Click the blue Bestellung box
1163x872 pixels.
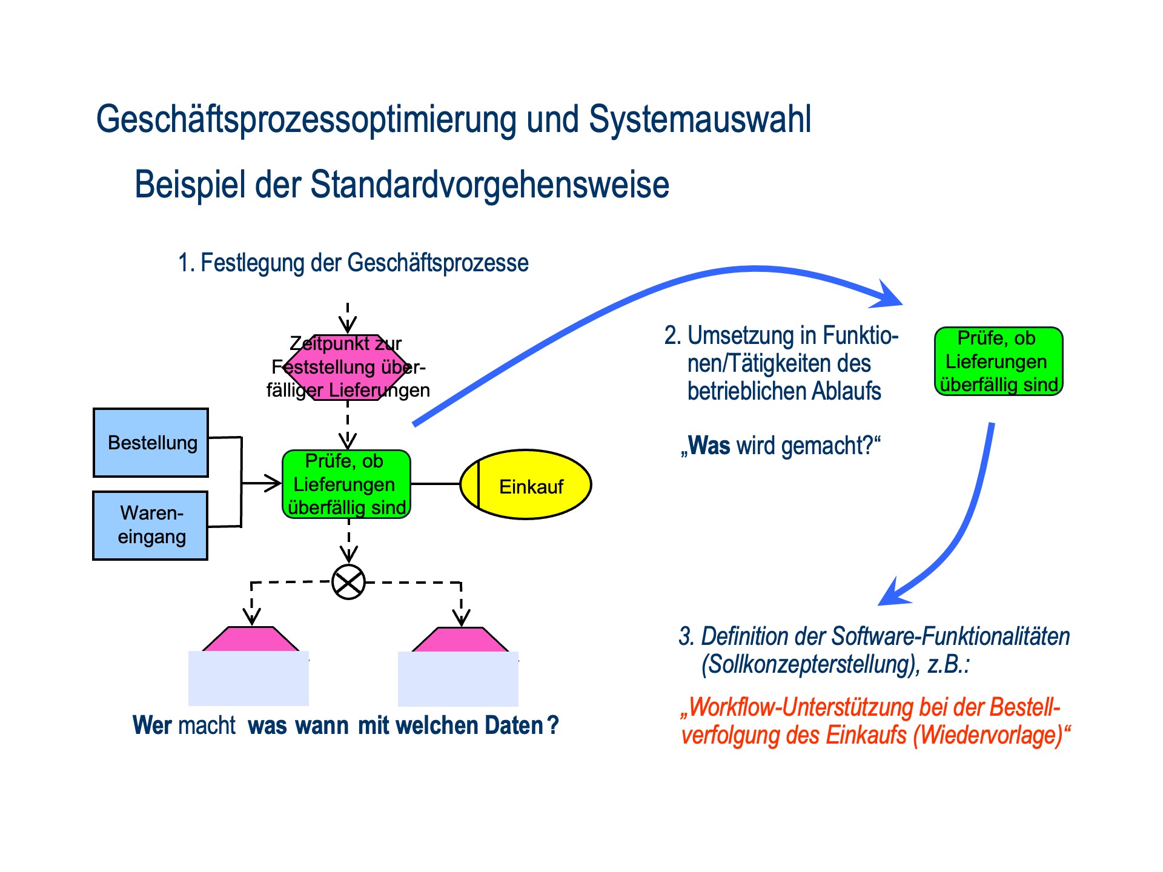151,443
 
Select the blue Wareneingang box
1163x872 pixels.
150,525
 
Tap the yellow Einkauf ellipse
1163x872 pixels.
526,484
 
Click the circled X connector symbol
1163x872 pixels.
348,583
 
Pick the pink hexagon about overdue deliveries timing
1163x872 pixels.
347,367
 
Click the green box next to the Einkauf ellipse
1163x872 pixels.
346,484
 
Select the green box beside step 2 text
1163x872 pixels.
998,362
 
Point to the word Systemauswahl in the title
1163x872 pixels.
700,119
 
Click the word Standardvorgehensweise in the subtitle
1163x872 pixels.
489,185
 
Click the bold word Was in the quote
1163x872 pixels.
709,446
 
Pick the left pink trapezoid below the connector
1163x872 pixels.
250,639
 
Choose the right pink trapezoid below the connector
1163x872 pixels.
460,640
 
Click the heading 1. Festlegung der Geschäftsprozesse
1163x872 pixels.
353,263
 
